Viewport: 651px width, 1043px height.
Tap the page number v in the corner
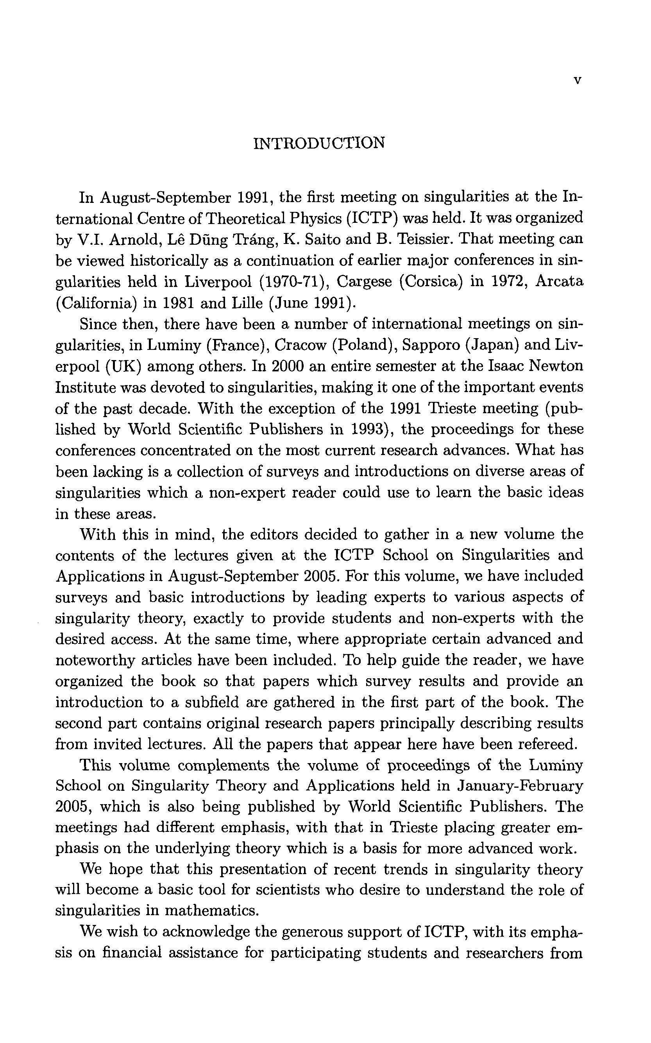pyautogui.click(x=578, y=80)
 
